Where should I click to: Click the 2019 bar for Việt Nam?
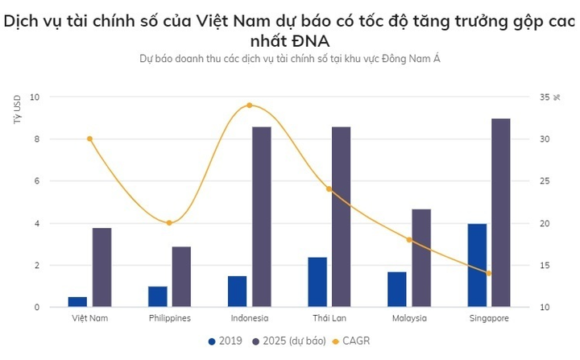point(77,302)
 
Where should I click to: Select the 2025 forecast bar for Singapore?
point(501,213)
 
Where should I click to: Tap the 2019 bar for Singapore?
point(477,265)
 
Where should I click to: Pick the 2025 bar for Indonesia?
point(261,217)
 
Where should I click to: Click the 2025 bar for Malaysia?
point(421,258)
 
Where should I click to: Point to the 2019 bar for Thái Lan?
point(317,282)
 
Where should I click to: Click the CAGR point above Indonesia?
point(249,106)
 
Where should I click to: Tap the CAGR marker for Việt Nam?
point(89,139)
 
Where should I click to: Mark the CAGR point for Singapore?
point(488,273)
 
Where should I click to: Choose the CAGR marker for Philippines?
point(169,223)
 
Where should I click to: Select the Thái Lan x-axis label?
point(329,318)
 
